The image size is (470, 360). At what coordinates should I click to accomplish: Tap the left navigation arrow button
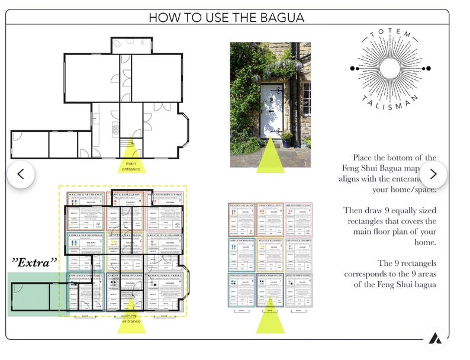pyautogui.click(x=20, y=174)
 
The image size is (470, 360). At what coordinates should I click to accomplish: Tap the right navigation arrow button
pyautogui.click(x=433, y=174)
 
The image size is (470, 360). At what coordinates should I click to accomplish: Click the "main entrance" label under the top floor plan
pyautogui.click(x=131, y=165)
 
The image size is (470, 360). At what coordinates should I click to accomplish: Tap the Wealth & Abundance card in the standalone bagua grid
pyautogui.click(x=240, y=220)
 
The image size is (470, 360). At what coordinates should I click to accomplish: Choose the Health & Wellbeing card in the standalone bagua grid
pyautogui.click(x=269, y=255)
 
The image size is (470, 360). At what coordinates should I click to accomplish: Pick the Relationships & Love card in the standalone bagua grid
pyautogui.click(x=298, y=220)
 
